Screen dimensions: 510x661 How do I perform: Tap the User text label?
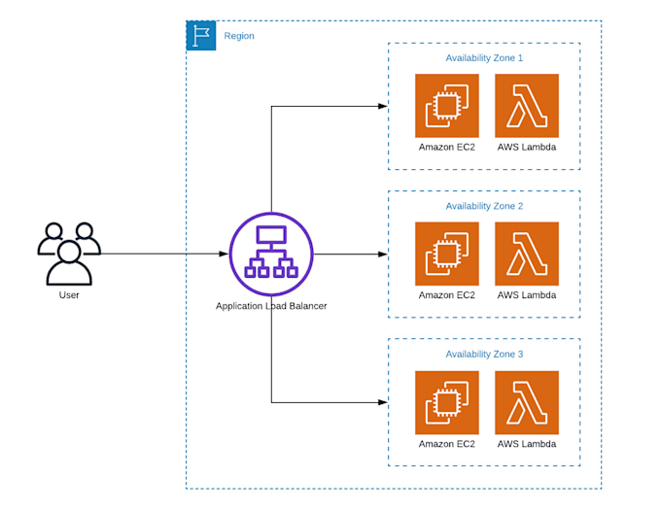(69, 294)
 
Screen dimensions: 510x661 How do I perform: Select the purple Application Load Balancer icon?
(271, 254)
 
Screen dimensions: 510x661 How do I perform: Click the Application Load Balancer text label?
(271, 305)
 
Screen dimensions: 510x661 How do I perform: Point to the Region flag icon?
(201, 36)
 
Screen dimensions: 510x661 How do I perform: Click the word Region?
(239, 36)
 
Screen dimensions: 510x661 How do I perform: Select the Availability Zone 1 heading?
(484, 58)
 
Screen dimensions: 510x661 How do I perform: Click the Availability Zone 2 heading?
(484, 206)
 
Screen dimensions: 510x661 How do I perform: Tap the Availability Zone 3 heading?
(484, 354)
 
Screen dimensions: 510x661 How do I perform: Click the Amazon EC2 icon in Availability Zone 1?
(447, 106)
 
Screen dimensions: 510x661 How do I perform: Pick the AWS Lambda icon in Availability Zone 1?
(527, 106)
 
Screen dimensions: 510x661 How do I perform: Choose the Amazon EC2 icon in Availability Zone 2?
(447, 254)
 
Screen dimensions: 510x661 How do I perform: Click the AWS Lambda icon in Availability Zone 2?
(527, 254)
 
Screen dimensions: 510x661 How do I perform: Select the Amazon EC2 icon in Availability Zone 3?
(447, 402)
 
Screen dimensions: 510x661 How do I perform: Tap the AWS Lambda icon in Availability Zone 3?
(527, 402)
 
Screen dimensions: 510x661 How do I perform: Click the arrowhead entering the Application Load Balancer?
(224, 254)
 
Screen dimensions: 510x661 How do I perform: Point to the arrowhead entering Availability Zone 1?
(383, 106)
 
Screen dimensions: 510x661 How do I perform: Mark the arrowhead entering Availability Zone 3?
(383, 401)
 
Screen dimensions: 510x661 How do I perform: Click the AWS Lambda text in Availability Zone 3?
(527, 444)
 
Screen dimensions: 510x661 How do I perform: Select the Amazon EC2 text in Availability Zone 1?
(447, 148)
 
